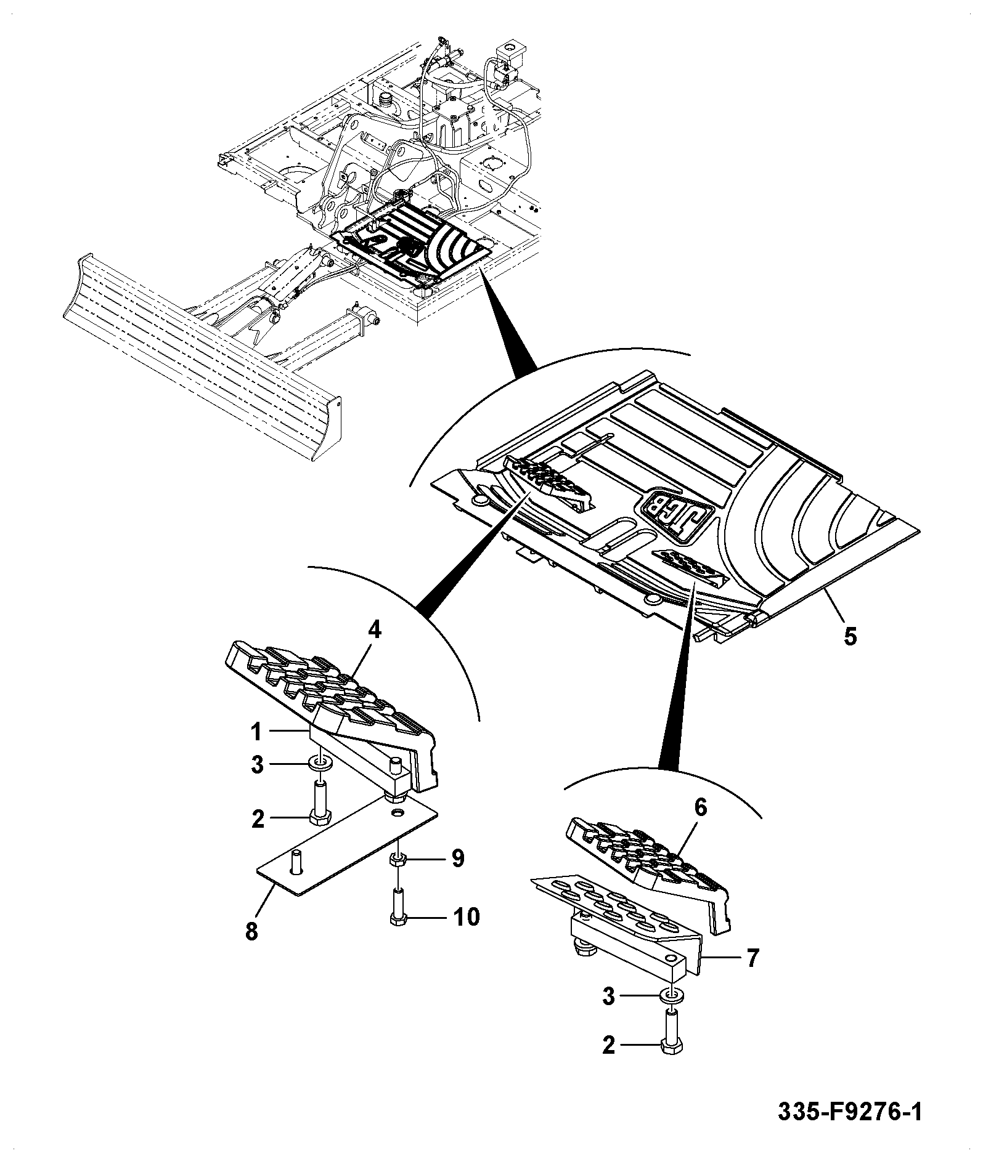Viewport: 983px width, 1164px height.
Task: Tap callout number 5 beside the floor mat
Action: (850, 636)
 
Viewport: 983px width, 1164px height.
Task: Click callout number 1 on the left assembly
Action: (256, 732)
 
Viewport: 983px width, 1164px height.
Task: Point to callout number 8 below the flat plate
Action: (251, 931)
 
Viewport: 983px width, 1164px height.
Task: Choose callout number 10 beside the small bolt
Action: (466, 917)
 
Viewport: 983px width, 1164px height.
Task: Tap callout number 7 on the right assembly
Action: (753, 958)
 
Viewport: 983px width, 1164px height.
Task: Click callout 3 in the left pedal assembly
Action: (257, 765)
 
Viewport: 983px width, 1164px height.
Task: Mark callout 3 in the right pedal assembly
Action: (609, 1013)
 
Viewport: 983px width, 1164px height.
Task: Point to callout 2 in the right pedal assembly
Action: (609, 1062)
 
